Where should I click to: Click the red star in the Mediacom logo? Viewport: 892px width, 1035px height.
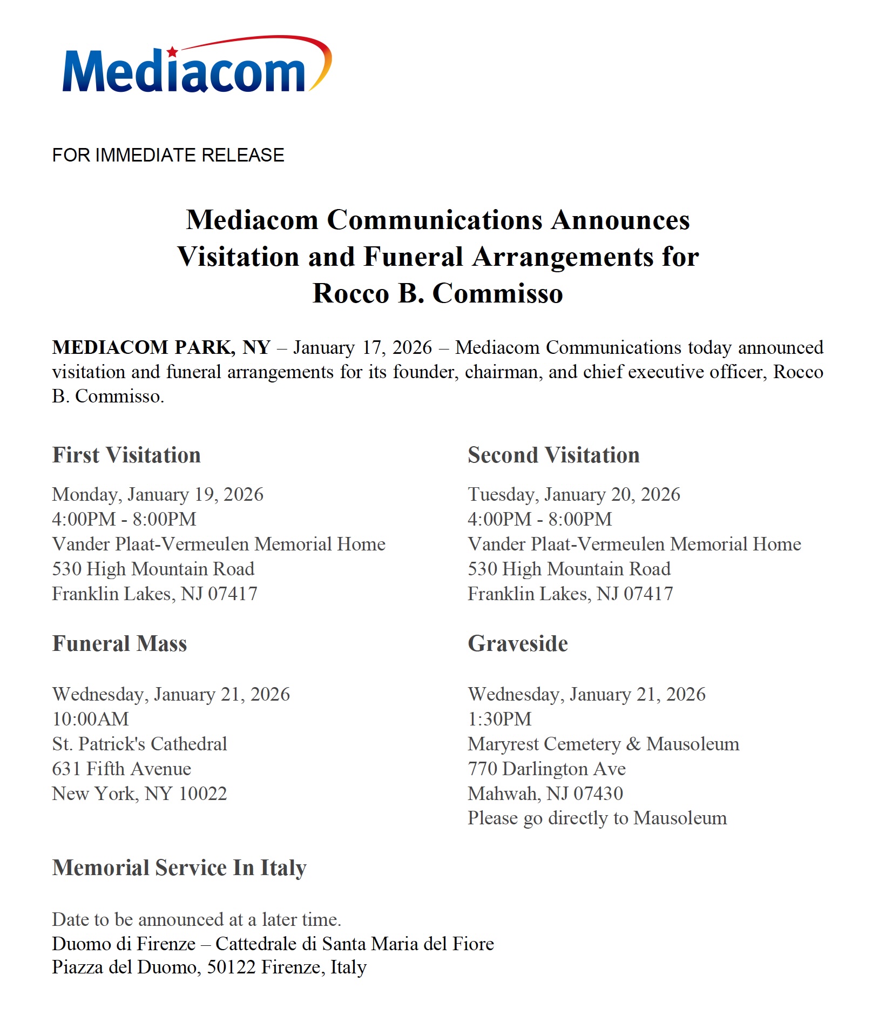click(172, 52)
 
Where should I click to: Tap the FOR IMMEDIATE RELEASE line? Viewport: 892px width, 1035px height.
click(168, 156)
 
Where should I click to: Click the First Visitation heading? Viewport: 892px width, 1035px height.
click(126, 455)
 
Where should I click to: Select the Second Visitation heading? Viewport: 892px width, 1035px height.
click(553, 455)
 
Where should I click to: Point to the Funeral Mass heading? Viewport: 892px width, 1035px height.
click(119, 644)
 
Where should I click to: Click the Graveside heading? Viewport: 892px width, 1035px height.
click(518, 644)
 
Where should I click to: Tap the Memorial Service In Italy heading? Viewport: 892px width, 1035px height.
click(179, 868)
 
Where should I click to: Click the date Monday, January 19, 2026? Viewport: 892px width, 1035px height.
click(158, 494)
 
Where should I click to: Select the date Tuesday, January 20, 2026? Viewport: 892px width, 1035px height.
click(574, 494)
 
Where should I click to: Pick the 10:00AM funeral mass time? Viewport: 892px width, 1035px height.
click(91, 719)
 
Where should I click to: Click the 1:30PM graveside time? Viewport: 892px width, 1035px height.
click(499, 719)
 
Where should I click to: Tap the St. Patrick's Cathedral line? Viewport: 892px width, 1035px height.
click(139, 744)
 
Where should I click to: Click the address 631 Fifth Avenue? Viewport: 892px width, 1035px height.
click(121, 769)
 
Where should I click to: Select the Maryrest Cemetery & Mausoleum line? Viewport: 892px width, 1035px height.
click(603, 744)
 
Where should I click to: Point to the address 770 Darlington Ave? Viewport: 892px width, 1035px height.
click(546, 769)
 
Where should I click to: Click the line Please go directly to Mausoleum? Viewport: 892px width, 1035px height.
click(597, 818)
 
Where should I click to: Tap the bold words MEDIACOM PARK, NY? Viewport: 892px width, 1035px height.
click(161, 347)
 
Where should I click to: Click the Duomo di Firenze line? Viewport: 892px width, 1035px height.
click(273, 944)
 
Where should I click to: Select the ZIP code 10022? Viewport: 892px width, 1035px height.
click(202, 794)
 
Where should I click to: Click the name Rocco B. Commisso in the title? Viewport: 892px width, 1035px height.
click(437, 293)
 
